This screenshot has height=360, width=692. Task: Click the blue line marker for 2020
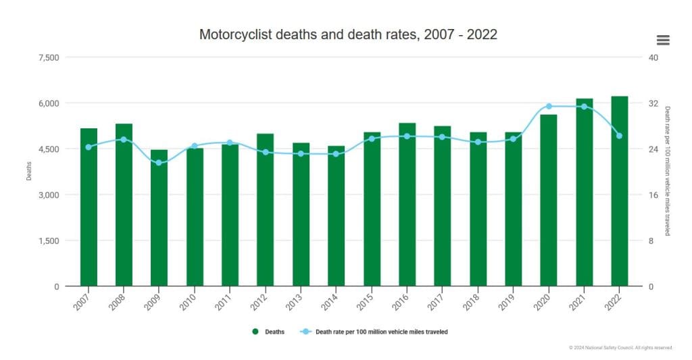pyautogui.click(x=549, y=106)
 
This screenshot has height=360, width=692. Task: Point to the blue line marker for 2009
pyautogui.click(x=159, y=163)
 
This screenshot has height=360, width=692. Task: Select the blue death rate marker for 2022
pyautogui.click(x=620, y=136)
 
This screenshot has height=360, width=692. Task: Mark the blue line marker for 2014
pyautogui.click(x=336, y=154)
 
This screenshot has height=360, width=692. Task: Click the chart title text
pyautogui.click(x=348, y=34)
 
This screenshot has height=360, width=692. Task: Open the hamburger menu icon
pyautogui.click(x=663, y=40)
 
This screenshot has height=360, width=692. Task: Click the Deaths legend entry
pyautogui.click(x=270, y=332)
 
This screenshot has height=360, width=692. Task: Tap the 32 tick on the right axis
pyautogui.click(x=653, y=103)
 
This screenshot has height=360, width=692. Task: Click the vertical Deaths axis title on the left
pyautogui.click(x=29, y=172)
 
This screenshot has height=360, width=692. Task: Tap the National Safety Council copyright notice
pyautogui.click(x=620, y=348)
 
